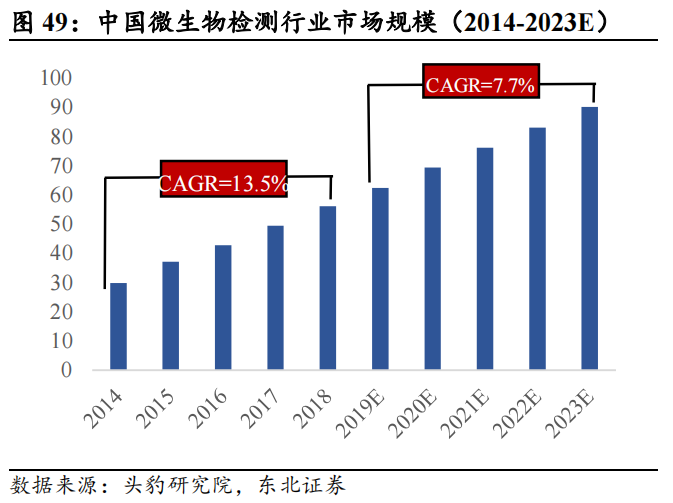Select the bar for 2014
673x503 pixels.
(118, 326)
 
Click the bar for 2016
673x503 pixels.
(223, 307)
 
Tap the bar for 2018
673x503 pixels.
(327, 287)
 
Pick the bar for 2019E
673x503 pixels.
(380, 278)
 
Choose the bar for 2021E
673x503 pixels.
(485, 258)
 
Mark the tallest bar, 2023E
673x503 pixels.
(590, 238)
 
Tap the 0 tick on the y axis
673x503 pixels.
(66, 370)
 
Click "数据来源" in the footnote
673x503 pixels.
(45, 486)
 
